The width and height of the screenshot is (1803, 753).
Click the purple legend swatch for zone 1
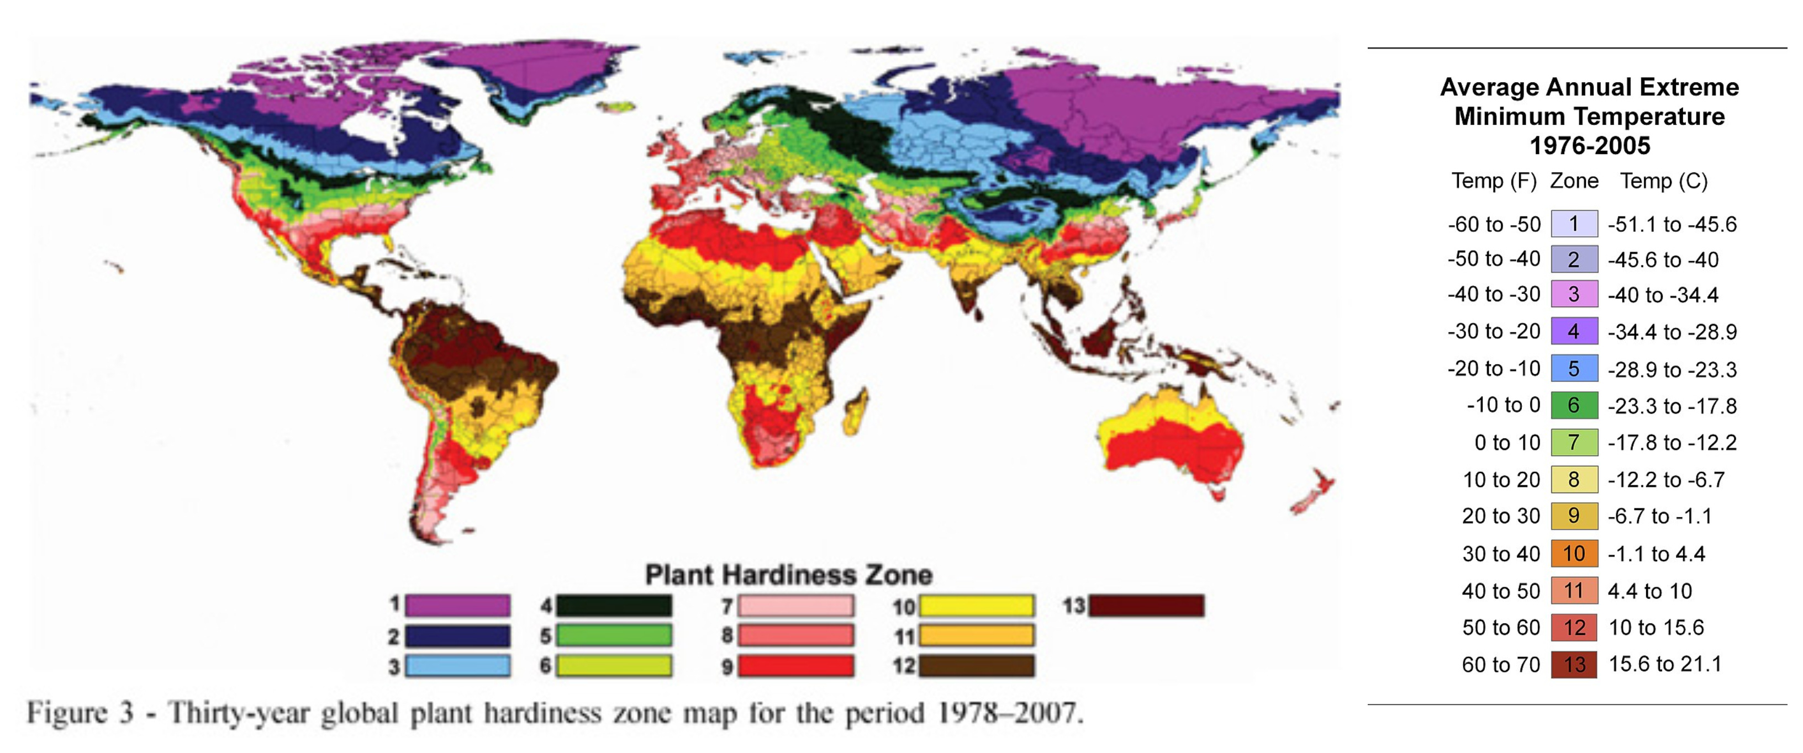click(458, 604)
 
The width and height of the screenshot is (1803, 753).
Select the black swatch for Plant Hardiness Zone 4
click(614, 604)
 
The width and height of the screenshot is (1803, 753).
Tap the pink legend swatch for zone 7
click(797, 604)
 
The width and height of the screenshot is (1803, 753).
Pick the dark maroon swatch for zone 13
click(1146, 604)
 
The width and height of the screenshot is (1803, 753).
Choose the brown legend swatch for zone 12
click(977, 666)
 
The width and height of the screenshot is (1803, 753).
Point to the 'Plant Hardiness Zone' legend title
click(788, 575)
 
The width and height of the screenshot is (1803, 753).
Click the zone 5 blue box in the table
click(1574, 368)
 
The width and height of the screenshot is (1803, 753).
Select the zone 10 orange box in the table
click(1574, 554)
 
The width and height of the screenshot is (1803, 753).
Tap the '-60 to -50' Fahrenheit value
click(1494, 225)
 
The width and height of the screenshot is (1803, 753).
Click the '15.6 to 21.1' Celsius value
click(1665, 664)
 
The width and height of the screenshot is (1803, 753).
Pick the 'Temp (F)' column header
click(1494, 181)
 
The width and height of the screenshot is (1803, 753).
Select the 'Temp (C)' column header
click(1664, 181)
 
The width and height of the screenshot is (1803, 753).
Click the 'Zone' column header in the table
click(1574, 181)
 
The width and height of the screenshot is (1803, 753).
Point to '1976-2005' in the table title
click(1590, 146)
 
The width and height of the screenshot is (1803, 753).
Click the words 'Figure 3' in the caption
click(80, 713)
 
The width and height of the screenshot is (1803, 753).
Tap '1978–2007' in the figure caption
click(1010, 713)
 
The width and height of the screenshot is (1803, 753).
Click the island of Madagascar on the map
click(857, 413)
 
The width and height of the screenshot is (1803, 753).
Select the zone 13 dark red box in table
click(1574, 664)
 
